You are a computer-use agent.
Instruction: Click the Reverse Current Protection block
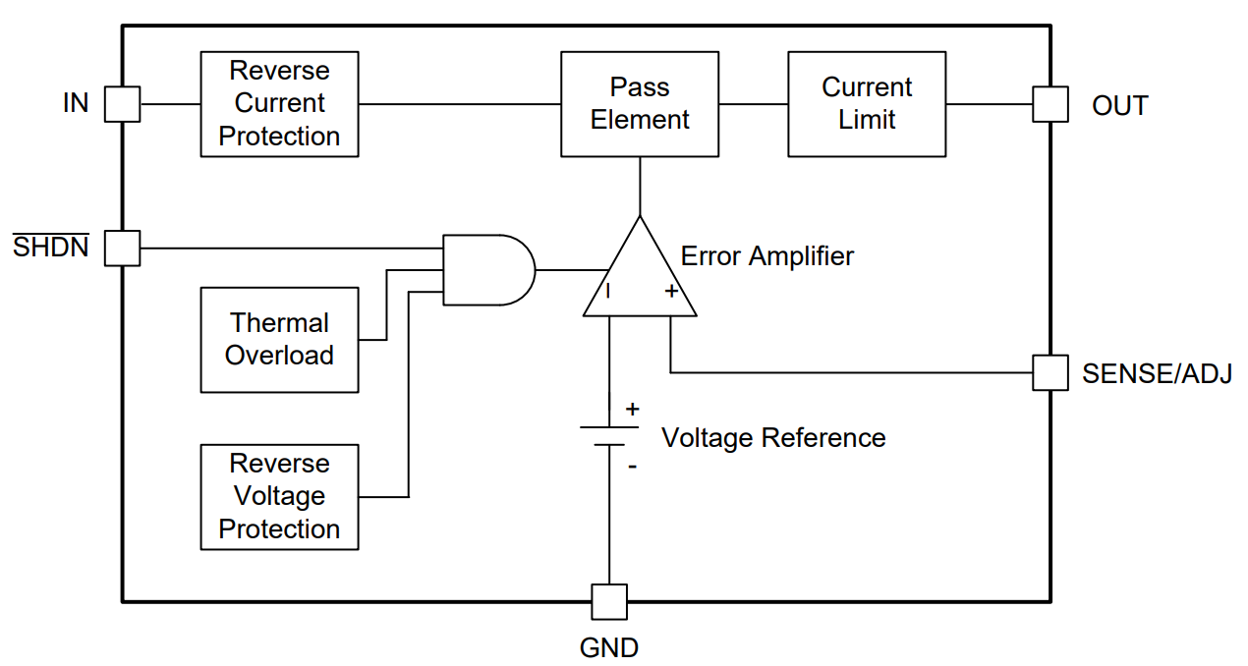(x=279, y=104)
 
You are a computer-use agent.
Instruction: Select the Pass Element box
(x=640, y=104)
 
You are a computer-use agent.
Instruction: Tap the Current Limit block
(x=867, y=104)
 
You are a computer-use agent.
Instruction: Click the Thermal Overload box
(x=279, y=340)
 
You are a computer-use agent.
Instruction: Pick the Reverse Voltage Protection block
(x=279, y=496)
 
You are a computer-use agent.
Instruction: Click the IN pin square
(x=123, y=104)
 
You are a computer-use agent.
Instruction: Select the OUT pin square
(x=1049, y=104)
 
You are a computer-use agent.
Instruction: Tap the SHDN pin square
(x=123, y=248)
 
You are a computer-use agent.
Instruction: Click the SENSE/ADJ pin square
(x=1049, y=373)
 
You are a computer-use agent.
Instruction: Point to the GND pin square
(x=609, y=601)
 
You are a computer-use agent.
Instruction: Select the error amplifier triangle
(x=640, y=275)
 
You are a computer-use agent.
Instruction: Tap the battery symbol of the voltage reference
(x=609, y=436)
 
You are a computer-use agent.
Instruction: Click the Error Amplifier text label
(x=766, y=256)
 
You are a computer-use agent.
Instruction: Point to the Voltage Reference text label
(x=773, y=437)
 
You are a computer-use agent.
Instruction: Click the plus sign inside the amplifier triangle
(x=671, y=291)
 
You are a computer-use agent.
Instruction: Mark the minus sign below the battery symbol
(x=632, y=467)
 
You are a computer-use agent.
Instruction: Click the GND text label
(x=609, y=648)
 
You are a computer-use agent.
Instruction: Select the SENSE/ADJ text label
(x=1157, y=374)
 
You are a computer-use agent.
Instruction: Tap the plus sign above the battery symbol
(x=632, y=408)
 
